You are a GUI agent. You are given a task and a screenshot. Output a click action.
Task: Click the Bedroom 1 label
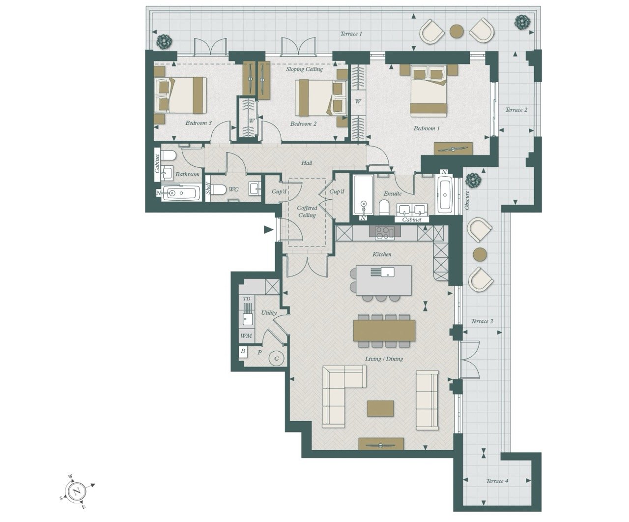click(427, 128)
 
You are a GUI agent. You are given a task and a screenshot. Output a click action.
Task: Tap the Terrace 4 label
click(497, 481)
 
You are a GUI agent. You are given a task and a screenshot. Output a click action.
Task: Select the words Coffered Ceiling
click(307, 212)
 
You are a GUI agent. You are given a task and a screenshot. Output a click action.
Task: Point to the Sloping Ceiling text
click(304, 69)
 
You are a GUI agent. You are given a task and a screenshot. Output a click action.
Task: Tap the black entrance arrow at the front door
click(268, 230)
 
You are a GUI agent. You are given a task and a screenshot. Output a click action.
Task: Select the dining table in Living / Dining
click(384, 331)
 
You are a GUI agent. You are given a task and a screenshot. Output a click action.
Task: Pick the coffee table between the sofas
click(380, 409)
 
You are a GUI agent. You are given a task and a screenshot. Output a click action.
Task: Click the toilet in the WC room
click(218, 190)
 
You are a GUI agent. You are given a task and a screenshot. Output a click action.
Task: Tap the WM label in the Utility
click(246, 336)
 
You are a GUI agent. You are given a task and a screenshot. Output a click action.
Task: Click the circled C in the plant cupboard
click(277, 359)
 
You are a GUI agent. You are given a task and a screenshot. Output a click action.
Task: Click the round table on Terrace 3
click(480, 254)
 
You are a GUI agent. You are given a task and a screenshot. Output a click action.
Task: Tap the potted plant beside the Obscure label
click(473, 181)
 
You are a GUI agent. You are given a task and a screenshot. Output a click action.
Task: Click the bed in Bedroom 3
click(180, 95)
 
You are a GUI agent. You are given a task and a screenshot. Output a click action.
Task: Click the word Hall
click(307, 163)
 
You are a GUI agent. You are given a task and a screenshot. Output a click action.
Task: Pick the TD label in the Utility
click(246, 299)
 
